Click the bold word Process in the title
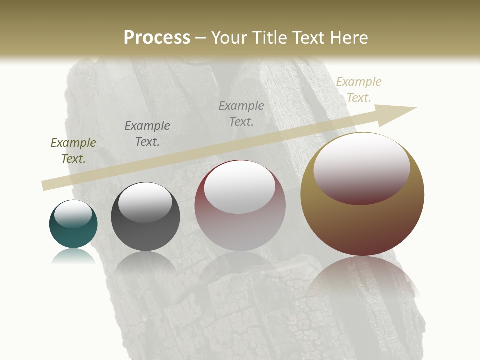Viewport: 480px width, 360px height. click(x=157, y=38)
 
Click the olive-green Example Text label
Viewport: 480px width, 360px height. click(x=73, y=151)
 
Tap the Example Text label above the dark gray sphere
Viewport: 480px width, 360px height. click(x=147, y=134)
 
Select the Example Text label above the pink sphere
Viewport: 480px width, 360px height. click(x=241, y=114)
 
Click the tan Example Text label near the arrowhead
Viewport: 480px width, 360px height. click(x=359, y=90)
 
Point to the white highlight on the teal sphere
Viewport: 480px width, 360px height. click(x=73, y=214)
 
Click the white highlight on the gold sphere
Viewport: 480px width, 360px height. click(x=362, y=167)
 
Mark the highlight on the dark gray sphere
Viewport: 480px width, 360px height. click(x=145, y=202)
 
